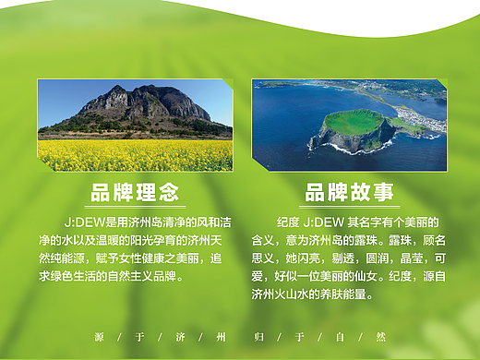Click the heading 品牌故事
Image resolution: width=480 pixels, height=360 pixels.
click(349, 192)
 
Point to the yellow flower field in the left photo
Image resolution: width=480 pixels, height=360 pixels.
click(135, 155)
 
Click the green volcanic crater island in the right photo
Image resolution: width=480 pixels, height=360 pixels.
click(355, 124)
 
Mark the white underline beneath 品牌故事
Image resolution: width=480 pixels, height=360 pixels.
click(349, 206)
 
